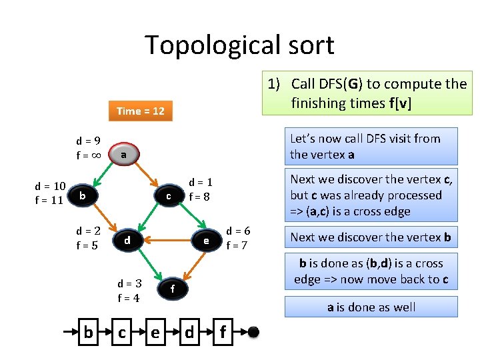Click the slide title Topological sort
click(239, 45)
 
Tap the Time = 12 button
click(140, 111)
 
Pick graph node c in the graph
click(169, 196)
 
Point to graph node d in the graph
click(127, 239)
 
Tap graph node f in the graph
click(172, 289)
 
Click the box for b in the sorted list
click(88, 331)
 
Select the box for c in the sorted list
click(122, 331)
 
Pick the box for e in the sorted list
click(155, 331)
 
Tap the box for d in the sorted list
click(189, 331)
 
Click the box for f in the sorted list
click(223, 331)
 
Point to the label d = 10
click(50, 186)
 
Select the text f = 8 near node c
click(200, 197)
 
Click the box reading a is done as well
click(371, 307)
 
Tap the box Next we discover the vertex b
click(371, 237)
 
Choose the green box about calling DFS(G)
click(367, 93)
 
